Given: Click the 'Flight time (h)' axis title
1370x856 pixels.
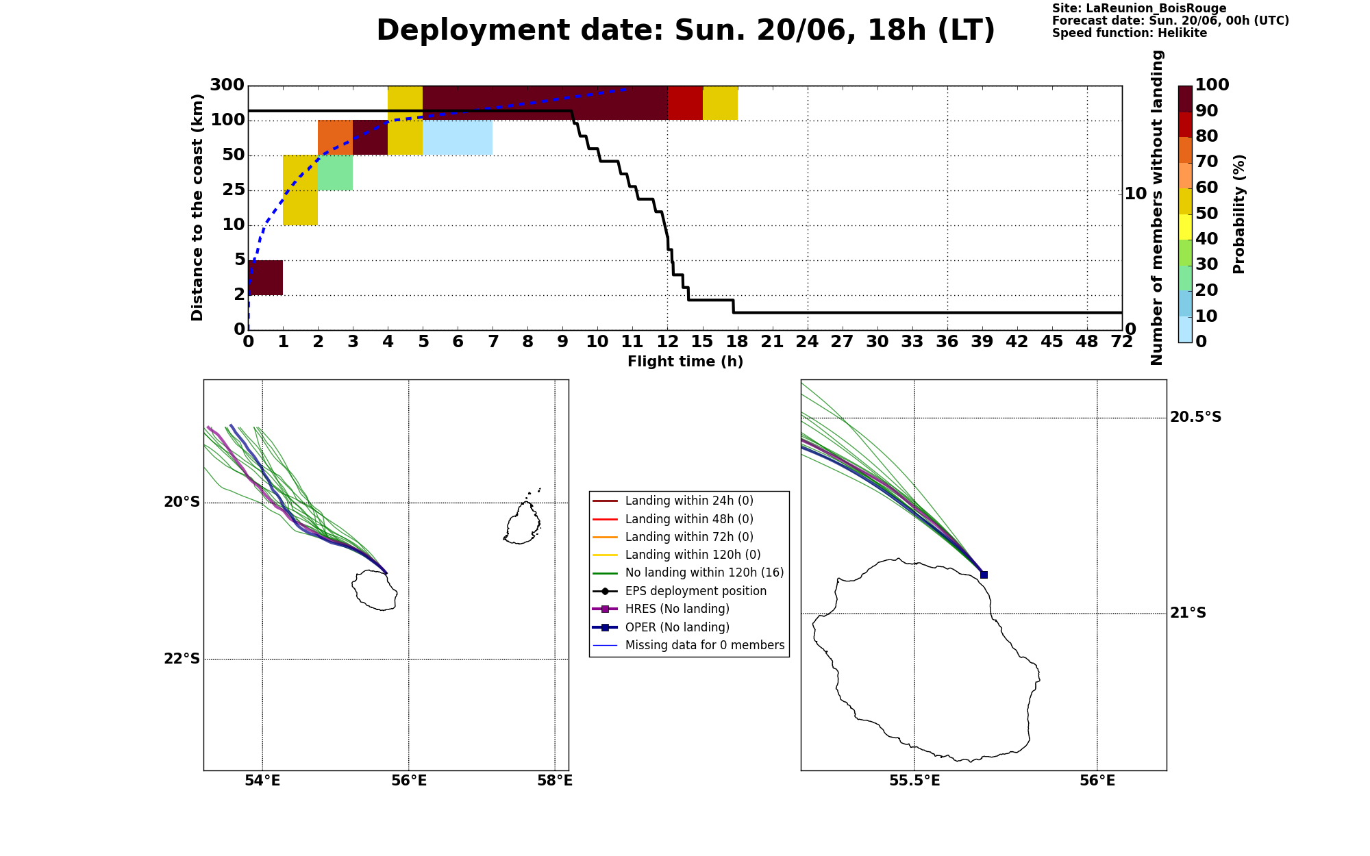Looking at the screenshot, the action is pos(685,362).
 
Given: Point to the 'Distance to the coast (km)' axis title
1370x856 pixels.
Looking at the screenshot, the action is pos(197,207).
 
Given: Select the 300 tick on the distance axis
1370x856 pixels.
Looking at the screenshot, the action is pos(227,85).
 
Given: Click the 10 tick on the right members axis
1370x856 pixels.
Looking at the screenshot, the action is pos(1136,194).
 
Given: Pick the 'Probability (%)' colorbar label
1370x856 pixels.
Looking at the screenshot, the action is pos(1238,214).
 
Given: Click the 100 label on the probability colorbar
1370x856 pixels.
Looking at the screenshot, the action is pos(1212,85).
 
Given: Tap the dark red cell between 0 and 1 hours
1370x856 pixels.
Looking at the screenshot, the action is pos(266,277).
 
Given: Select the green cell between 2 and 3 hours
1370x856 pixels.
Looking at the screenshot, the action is pos(335,173).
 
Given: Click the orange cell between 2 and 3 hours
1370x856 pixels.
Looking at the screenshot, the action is pos(335,137).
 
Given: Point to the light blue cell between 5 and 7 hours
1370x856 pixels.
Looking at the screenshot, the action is pos(458,137).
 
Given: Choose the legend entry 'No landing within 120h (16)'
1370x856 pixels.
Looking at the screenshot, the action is pos(689,572).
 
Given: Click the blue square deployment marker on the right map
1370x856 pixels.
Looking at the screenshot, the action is pos(984,575).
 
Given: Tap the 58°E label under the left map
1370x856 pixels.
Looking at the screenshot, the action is pos(555,781).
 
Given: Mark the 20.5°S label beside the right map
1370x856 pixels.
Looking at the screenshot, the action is pos(1195,417).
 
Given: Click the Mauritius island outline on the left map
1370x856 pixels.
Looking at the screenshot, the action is pos(522,523).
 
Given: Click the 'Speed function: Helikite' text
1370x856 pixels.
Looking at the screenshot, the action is pos(1130,33).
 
